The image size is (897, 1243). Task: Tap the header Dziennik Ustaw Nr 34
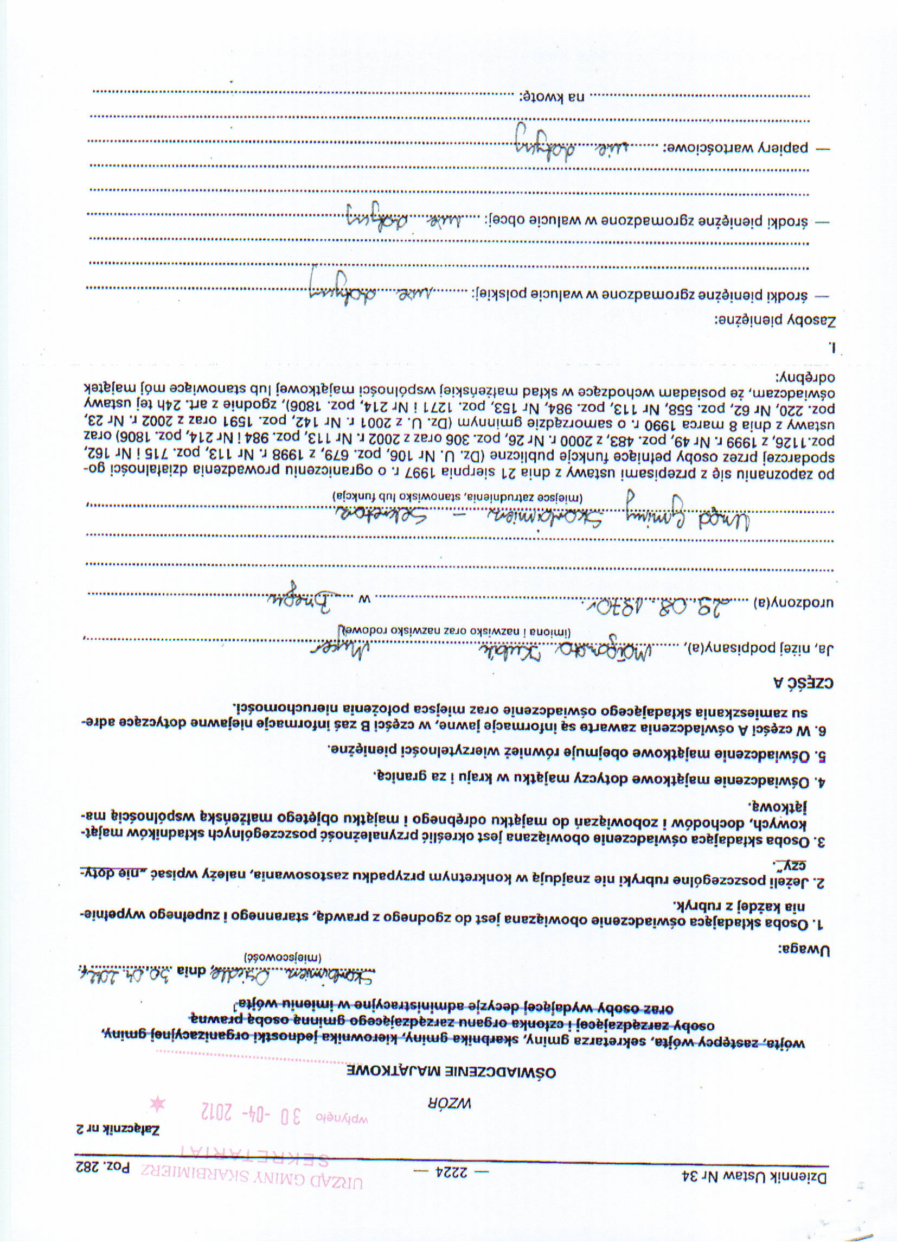click(x=754, y=1176)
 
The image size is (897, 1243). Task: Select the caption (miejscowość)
click(x=282, y=957)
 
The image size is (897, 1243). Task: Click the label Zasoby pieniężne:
click(x=774, y=321)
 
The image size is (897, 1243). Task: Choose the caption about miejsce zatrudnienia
click(x=457, y=496)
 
